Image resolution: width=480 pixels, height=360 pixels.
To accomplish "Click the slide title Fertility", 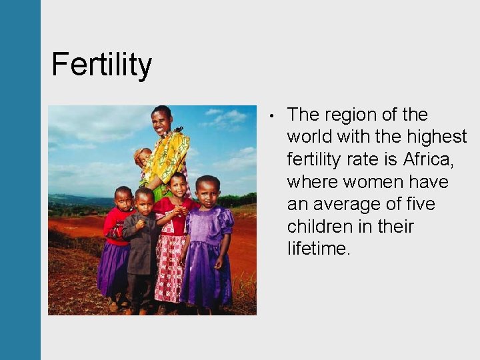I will [101, 65].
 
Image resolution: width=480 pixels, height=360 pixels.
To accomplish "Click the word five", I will [425, 204].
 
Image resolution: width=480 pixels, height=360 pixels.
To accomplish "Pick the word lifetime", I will [319, 249].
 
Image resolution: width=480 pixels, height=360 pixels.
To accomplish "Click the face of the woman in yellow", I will [161, 121].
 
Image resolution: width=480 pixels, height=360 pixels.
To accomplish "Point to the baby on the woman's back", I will [141, 157].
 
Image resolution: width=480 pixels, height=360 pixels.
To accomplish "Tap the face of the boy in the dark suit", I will [144, 200].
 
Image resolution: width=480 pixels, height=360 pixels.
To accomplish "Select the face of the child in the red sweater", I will [123, 199].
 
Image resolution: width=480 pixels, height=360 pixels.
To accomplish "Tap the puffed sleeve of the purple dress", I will [226, 218].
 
